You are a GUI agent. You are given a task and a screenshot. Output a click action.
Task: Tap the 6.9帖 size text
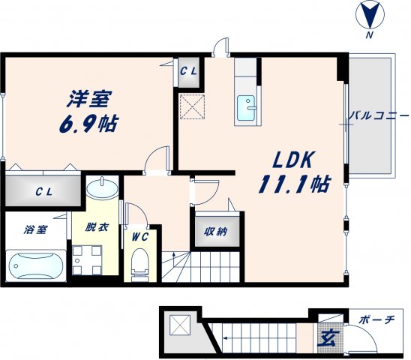click(88, 123)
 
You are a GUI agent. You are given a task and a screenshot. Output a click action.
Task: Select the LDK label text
click(292, 159)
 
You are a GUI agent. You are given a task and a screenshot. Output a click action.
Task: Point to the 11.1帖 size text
click(295, 184)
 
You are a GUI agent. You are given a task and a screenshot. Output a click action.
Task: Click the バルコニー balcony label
click(379, 117)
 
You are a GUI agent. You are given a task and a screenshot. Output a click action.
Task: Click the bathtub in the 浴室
click(35, 265)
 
